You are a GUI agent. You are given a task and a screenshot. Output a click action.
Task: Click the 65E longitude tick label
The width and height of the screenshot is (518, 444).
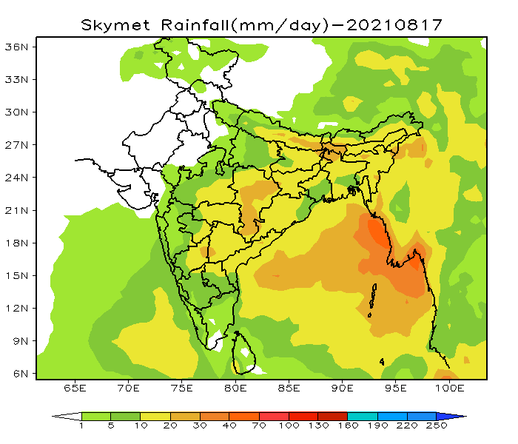click(x=75, y=388)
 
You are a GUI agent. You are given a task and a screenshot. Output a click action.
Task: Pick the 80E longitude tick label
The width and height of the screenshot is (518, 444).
click(x=235, y=388)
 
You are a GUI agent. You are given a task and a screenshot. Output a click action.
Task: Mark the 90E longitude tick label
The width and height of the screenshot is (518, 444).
click(x=343, y=388)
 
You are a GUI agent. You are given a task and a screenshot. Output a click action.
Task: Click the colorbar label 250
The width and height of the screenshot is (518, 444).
click(x=437, y=426)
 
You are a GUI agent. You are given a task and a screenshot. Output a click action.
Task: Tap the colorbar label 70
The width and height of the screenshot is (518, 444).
click(x=259, y=426)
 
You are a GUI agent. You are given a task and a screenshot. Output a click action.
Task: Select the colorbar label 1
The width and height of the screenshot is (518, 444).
click(x=81, y=426)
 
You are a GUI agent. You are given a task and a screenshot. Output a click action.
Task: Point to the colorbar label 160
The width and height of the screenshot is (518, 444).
click(x=348, y=426)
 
